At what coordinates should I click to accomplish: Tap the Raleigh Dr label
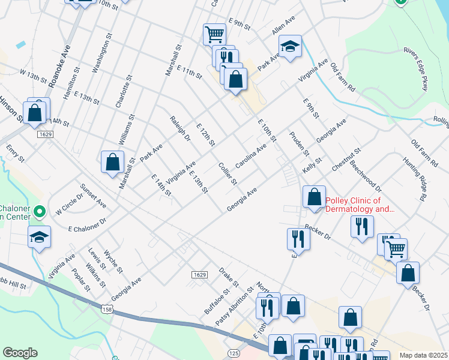(179, 128)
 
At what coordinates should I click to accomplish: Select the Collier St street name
(228, 173)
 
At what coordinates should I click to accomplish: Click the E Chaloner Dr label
(87, 225)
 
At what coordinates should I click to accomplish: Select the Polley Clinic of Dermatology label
(360, 205)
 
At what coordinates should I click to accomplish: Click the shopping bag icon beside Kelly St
(314, 196)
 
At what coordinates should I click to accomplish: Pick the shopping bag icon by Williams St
(112, 161)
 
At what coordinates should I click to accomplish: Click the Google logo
(20, 353)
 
